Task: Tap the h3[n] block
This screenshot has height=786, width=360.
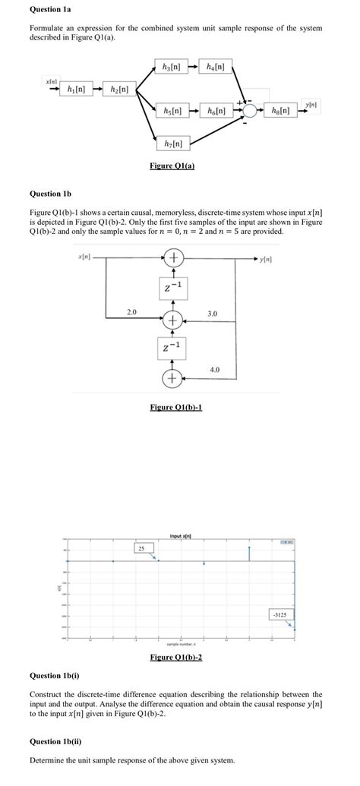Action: (172, 65)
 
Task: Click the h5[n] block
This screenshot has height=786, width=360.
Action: (172, 111)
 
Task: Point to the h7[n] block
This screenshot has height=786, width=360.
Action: (172, 142)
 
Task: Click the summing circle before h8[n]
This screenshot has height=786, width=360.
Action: (249, 111)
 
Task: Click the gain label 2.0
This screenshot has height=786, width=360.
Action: (131, 311)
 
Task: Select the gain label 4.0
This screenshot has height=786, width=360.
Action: (214, 369)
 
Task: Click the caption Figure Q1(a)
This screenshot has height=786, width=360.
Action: (173, 166)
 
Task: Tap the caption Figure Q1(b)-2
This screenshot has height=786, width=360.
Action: (176, 657)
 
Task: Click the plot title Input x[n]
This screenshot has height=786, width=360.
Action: (179, 536)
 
